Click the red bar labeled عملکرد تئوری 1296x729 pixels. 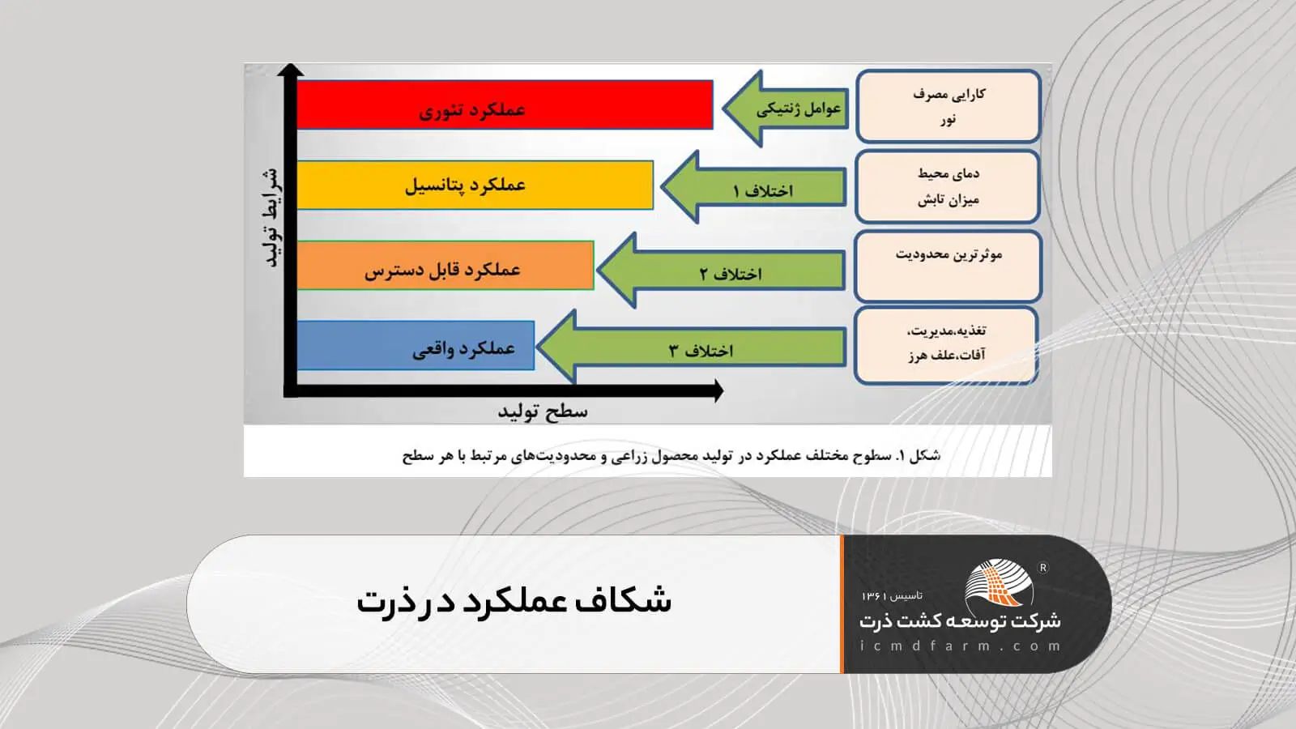(x=504, y=105)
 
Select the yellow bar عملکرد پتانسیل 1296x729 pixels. (x=475, y=185)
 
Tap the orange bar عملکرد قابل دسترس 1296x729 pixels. (x=445, y=266)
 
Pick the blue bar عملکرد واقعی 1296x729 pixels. (x=416, y=346)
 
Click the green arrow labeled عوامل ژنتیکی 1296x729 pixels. (x=786, y=109)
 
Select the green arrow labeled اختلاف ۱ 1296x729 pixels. (x=754, y=188)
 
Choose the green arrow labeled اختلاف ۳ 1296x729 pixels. (x=693, y=348)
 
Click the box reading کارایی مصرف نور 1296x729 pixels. (x=948, y=106)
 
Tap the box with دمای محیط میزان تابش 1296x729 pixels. (x=948, y=186)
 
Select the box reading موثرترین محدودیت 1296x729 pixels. (x=948, y=266)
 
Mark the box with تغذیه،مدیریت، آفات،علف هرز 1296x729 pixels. (x=946, y=343)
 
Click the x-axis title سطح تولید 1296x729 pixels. (x=542, y=411)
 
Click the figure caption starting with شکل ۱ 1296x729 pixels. (x=671, y=455)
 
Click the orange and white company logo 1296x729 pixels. (x=1000, y=582)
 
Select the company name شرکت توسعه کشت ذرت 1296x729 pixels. (x=960, y=621)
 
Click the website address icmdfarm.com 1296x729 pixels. (x=960, y=646)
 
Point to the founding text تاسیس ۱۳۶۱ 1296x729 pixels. (x=892, y=595)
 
